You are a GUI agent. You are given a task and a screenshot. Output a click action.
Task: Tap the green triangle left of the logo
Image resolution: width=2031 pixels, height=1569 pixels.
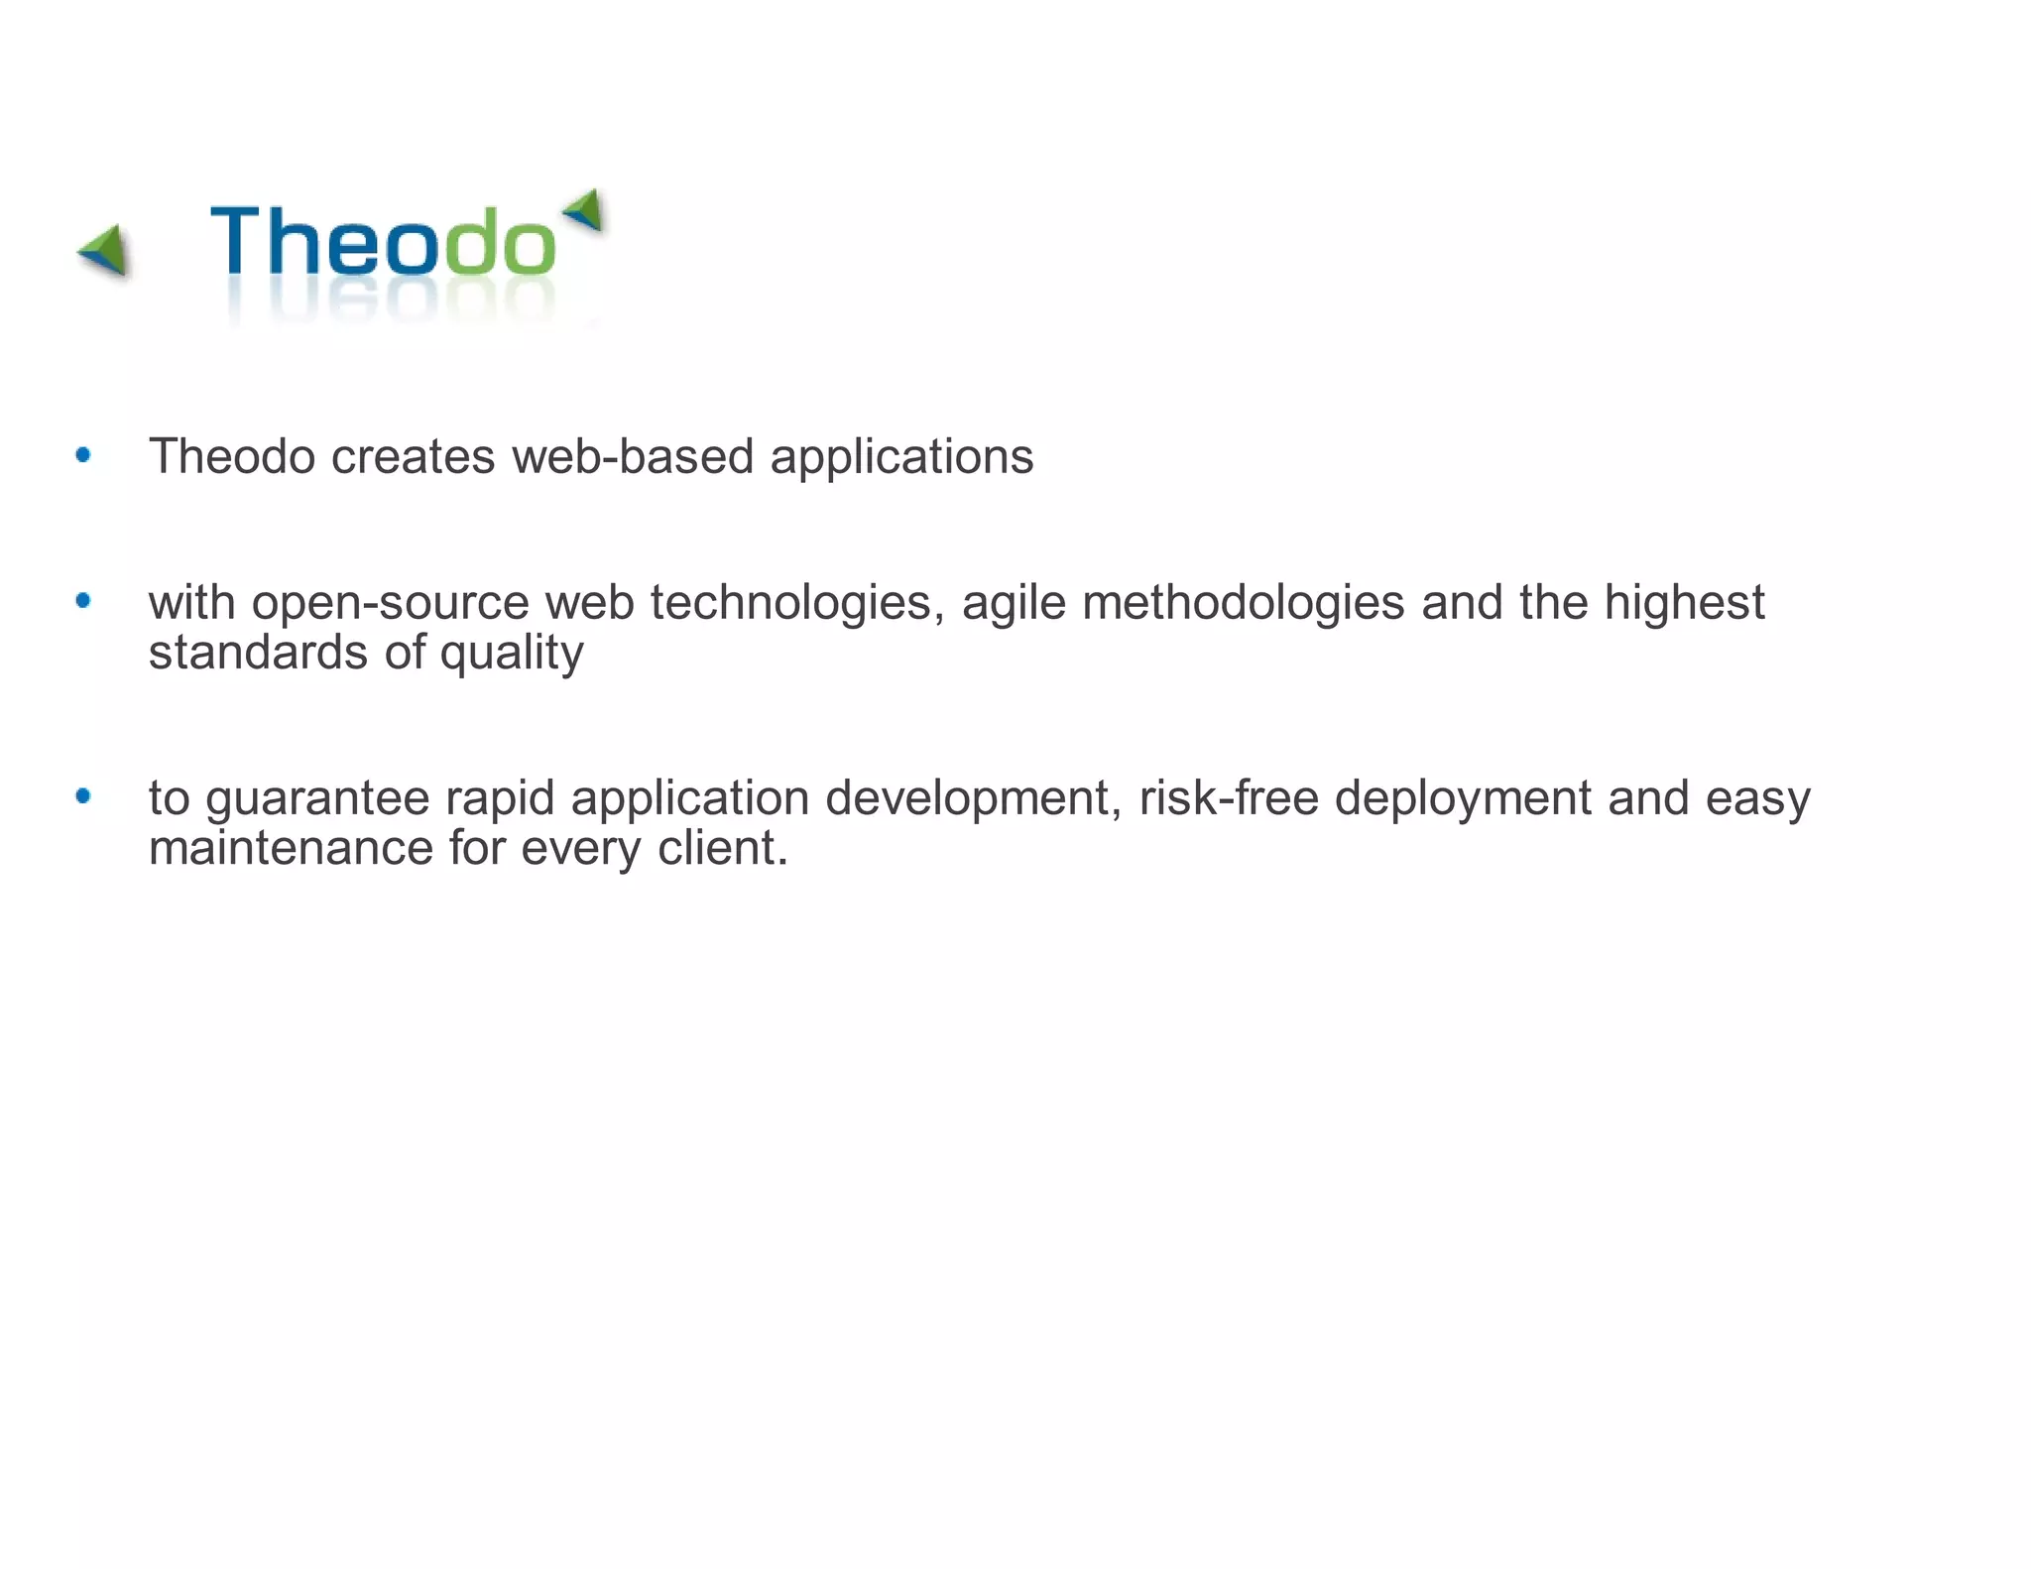(105, 249)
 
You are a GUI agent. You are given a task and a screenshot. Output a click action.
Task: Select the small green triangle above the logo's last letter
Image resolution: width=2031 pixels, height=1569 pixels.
(585, 208)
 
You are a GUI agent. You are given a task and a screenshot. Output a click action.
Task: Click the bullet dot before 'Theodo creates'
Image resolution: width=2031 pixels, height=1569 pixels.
(83, 455)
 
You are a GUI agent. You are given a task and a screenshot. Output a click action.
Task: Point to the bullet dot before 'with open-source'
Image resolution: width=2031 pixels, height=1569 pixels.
(83, 600)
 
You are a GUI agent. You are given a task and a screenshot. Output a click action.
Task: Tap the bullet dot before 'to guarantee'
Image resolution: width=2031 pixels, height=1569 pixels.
(83, 795)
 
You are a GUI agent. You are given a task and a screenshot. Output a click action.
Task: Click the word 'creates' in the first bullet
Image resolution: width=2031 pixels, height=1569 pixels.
(413, 457)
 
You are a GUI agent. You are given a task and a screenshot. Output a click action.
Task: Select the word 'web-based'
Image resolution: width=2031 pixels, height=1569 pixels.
(633, 457)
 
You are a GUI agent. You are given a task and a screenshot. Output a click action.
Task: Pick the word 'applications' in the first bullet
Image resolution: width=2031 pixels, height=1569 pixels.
(901, 457)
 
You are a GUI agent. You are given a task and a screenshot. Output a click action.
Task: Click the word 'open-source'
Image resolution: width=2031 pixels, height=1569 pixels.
(391, 603)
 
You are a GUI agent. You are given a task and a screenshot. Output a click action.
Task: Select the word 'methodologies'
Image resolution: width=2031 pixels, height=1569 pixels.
(1244, 603)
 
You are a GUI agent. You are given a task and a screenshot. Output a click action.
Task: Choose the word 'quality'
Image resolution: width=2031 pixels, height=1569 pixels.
(512, 654)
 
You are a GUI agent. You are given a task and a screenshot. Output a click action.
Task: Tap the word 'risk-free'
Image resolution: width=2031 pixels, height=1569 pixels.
(1229, 798)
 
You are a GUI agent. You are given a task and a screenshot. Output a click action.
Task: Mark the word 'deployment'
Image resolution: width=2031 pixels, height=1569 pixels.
(1463, 799)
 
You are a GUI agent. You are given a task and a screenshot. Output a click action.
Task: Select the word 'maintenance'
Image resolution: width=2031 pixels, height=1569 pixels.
(291, 849)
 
